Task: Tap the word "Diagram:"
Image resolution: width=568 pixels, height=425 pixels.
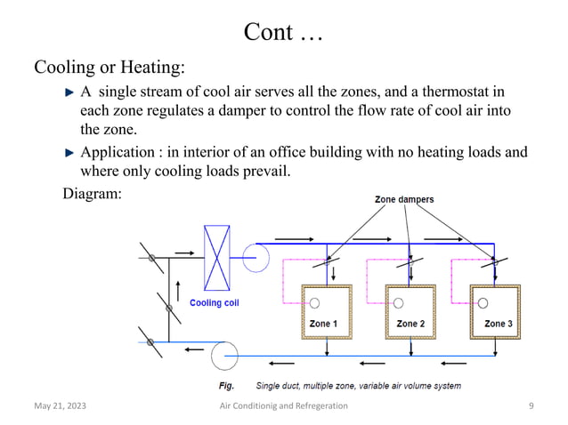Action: [92, 192]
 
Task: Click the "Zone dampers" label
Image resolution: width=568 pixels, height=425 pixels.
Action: [402, 200]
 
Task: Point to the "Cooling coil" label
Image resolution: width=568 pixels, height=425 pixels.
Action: [214, 302]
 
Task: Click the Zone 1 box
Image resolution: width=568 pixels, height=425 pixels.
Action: [322, 310]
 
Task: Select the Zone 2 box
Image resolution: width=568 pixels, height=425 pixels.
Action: [409, 310]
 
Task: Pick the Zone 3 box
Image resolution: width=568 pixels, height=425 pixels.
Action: [495, 310]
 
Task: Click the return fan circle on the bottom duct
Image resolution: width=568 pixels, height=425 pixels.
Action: [223, 356]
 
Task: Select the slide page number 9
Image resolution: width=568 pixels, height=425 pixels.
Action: [531, 406]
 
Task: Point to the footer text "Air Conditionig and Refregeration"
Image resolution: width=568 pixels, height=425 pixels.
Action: [284, 406]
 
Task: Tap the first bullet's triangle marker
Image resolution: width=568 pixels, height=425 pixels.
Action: [72, 92]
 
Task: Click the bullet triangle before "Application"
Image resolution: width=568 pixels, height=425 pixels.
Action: [72, 152]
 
